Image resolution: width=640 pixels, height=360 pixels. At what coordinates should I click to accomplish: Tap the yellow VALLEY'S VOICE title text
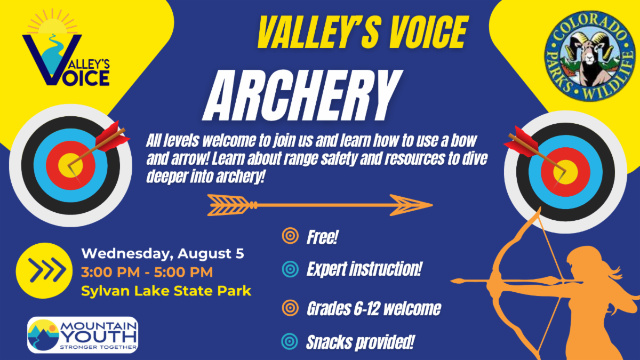tap(363, 32)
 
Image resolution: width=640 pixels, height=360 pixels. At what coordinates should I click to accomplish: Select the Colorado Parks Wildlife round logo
tap(590, 56)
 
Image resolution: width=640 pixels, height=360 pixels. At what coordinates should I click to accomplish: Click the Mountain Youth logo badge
tap(83, 335)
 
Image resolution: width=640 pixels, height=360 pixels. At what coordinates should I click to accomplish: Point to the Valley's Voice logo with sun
tap(66, 48)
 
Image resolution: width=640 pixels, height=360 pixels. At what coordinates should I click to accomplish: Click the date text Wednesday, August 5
tap(163, 253)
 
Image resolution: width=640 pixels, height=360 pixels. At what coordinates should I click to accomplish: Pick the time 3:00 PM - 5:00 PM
tap(147, 272)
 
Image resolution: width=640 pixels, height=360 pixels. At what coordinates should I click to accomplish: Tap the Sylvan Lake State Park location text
tap(166, 291)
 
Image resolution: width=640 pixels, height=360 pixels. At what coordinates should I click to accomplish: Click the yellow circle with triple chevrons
tap(44, 270)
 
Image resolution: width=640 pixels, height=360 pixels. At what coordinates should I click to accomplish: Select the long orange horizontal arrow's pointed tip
tap(432, 205)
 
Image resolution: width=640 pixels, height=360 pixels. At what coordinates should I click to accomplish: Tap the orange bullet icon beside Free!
tap(290, 236)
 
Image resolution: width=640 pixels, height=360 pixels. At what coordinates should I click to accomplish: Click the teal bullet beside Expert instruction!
tap(290, 269)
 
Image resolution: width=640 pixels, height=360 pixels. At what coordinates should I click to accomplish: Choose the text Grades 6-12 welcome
tap(374, 309)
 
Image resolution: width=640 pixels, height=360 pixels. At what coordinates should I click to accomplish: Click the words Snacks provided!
tap(361, 342)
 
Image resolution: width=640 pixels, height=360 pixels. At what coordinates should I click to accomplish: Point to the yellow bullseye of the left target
tap(70, 165)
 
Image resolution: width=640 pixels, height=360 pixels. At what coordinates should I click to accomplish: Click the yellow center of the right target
tap(565, 172)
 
